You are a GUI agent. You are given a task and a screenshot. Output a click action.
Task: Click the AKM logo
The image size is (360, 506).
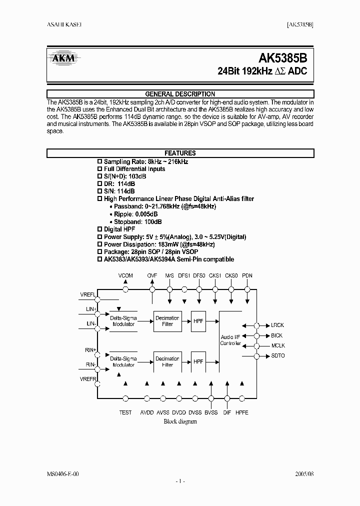pyautogui.click(x=64, y=58)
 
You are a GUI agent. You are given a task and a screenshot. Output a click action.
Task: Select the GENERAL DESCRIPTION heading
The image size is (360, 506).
pyautogui.click(x=180, y=94)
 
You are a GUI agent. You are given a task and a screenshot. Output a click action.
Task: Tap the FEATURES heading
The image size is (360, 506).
pyautogui.click(x=180, y=153)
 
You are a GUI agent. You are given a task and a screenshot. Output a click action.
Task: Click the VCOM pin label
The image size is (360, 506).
pyautogui.click(x=125, y=276)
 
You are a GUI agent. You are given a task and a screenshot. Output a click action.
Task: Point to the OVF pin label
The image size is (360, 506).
pyautogui.click(x=152, y=276)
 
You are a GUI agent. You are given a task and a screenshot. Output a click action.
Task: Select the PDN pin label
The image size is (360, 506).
pyautogui.click(x=247, y=276)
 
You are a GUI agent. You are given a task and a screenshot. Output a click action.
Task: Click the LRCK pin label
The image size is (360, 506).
pyautogui.click(x=277, y=324)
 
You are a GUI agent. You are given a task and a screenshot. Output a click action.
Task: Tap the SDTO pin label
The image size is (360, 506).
pyautogui.click(x=277, y=356)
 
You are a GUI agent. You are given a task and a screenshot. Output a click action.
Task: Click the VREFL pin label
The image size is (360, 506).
pyautogui.click(x=87, y=294)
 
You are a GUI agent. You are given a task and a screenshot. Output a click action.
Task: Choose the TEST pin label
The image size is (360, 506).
pyautogui.click(x=125, y=412)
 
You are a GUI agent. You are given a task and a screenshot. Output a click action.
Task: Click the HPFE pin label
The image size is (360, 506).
pyautogui.click(x=242, y=412)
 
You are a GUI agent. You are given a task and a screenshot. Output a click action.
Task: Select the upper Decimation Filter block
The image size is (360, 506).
pyautogui.click(x=167, y=321)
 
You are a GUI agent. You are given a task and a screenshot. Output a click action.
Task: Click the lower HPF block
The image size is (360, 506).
pyautogui.click(x=198, y=361)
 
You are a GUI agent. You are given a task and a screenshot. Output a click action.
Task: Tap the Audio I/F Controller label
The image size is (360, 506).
pyautogui.click(x=230, y=340)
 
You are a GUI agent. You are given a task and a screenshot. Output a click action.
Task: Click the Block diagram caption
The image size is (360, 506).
pyautogui.click(x=180, y=421)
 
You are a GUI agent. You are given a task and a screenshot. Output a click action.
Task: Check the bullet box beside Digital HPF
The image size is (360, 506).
pyautogui.click(x=99, y=229)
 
